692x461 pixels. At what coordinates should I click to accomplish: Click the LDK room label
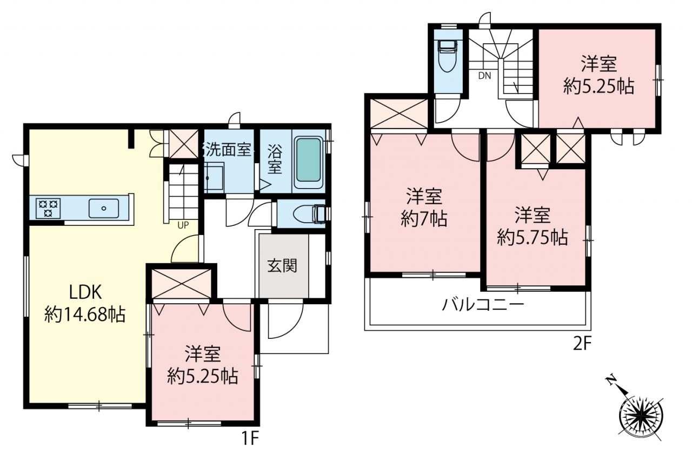click(x=85, y=292)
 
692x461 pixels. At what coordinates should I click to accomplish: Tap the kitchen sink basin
click(x=104, y=209)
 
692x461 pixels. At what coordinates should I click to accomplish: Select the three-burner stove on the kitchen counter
click(x=48, y=209)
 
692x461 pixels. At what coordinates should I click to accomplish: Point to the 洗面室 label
click(x=228, y=150)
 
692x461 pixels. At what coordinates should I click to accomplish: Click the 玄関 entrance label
click(x=282, y=265)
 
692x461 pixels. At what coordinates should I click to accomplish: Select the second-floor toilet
click(x=448, y=56)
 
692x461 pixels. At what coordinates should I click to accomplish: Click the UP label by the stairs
click(x=183, y=225)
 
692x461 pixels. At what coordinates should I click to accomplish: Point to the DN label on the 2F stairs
click(x=484, y=76)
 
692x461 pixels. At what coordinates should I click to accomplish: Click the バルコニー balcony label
click(x=483, y=305)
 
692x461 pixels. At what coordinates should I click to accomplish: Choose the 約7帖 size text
click(x=424, y=219)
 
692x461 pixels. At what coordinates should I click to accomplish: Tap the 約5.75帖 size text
click(x=533, y=238)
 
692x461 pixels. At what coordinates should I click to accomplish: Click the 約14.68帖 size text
click(x=85, y=315)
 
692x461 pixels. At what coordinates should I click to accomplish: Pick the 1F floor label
click(x=249, y=438)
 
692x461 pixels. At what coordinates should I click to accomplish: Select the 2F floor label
click(x=582, y=344)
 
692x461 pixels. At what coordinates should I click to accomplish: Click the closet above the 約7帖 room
click(x=398, y=113)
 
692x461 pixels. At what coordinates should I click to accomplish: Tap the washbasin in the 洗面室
click(x=214, y=178)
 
